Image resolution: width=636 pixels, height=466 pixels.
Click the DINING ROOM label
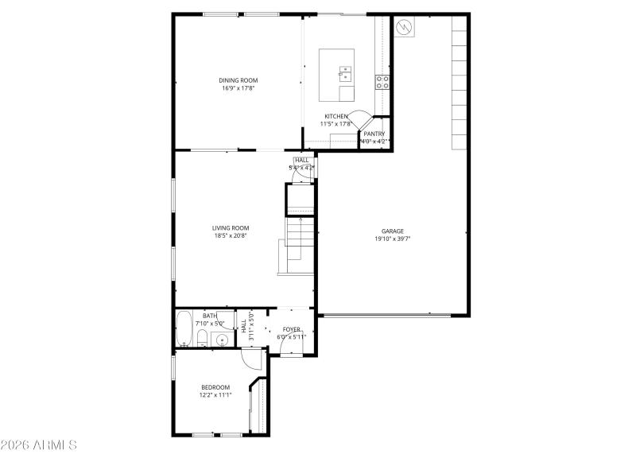pyautogui.click(x=238, y=80)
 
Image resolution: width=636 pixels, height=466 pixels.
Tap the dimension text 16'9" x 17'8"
pyautogui.click(x=238, y=88)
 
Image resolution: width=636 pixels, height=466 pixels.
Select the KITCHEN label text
pyautogui.click(x=335, y=116)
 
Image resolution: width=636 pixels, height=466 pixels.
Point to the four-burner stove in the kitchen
pyautogui.click(x=382, y=80)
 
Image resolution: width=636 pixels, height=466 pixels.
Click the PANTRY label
pyautogui.click(x=374, y=134)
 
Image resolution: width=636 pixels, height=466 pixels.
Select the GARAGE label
pyautogui.click(x=393, y=231)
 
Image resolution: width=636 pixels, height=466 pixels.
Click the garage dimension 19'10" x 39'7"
pyautogui.click(x=393, y=239)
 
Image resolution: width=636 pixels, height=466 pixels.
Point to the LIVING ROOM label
pyautogui.click(x=231, y=228)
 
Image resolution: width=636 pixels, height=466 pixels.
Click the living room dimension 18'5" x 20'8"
pyautogui.click(x=231, y=236)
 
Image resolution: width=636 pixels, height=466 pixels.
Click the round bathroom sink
pyautogui.click(x=222, y=340)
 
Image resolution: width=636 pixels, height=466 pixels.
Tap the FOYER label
pyautogui.click(x=292, y=328)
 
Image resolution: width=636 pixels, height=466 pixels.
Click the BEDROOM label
pyautogui.click(x=215, y=387)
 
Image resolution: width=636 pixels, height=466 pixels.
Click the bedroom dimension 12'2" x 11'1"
pyautogui.click(x=215, y=395)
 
